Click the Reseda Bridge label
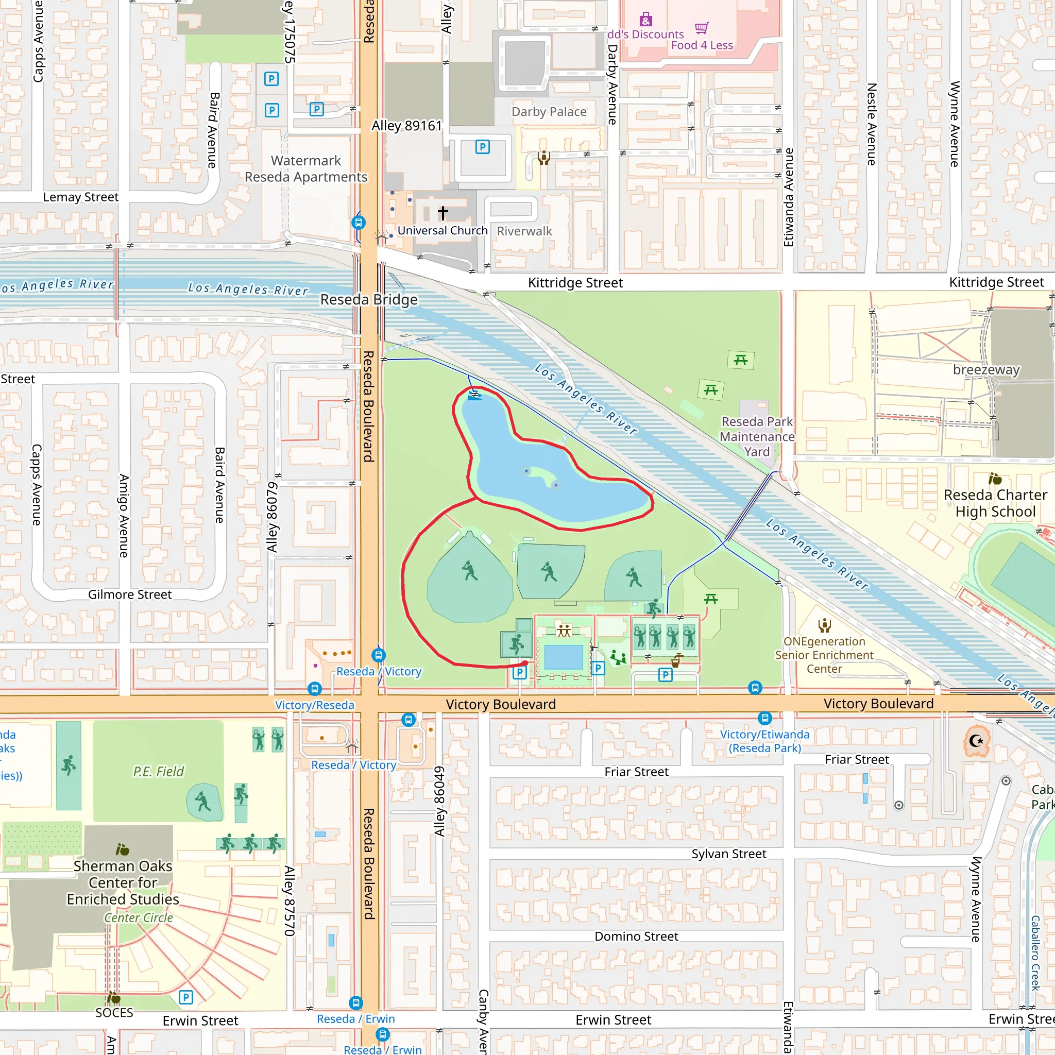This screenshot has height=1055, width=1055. point(369,300)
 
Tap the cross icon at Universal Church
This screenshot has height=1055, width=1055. point(443,212)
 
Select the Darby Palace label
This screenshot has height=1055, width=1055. point(549,112)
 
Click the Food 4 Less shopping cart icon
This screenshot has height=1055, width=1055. point(702,28)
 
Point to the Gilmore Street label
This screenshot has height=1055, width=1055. point(129,594)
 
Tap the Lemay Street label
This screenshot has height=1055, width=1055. point(81,197)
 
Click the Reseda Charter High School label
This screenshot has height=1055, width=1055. point(995,503)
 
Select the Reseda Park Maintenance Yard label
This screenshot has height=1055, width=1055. point(757,436)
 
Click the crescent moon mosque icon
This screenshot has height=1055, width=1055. point(976,741)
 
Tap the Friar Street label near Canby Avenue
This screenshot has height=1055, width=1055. point(636,772)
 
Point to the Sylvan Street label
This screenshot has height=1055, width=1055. point(728,854)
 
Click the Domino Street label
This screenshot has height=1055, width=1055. point(636,937)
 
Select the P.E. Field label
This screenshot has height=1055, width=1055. point(158,772)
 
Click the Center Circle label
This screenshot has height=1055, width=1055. point(139,918)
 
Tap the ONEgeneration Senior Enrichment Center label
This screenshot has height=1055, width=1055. point(824,655)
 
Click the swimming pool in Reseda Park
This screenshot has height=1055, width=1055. point(564,657)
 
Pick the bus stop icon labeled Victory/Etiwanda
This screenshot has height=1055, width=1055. point(765,718)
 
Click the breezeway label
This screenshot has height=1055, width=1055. point(986,370)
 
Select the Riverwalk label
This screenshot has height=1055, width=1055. point(524,231)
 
